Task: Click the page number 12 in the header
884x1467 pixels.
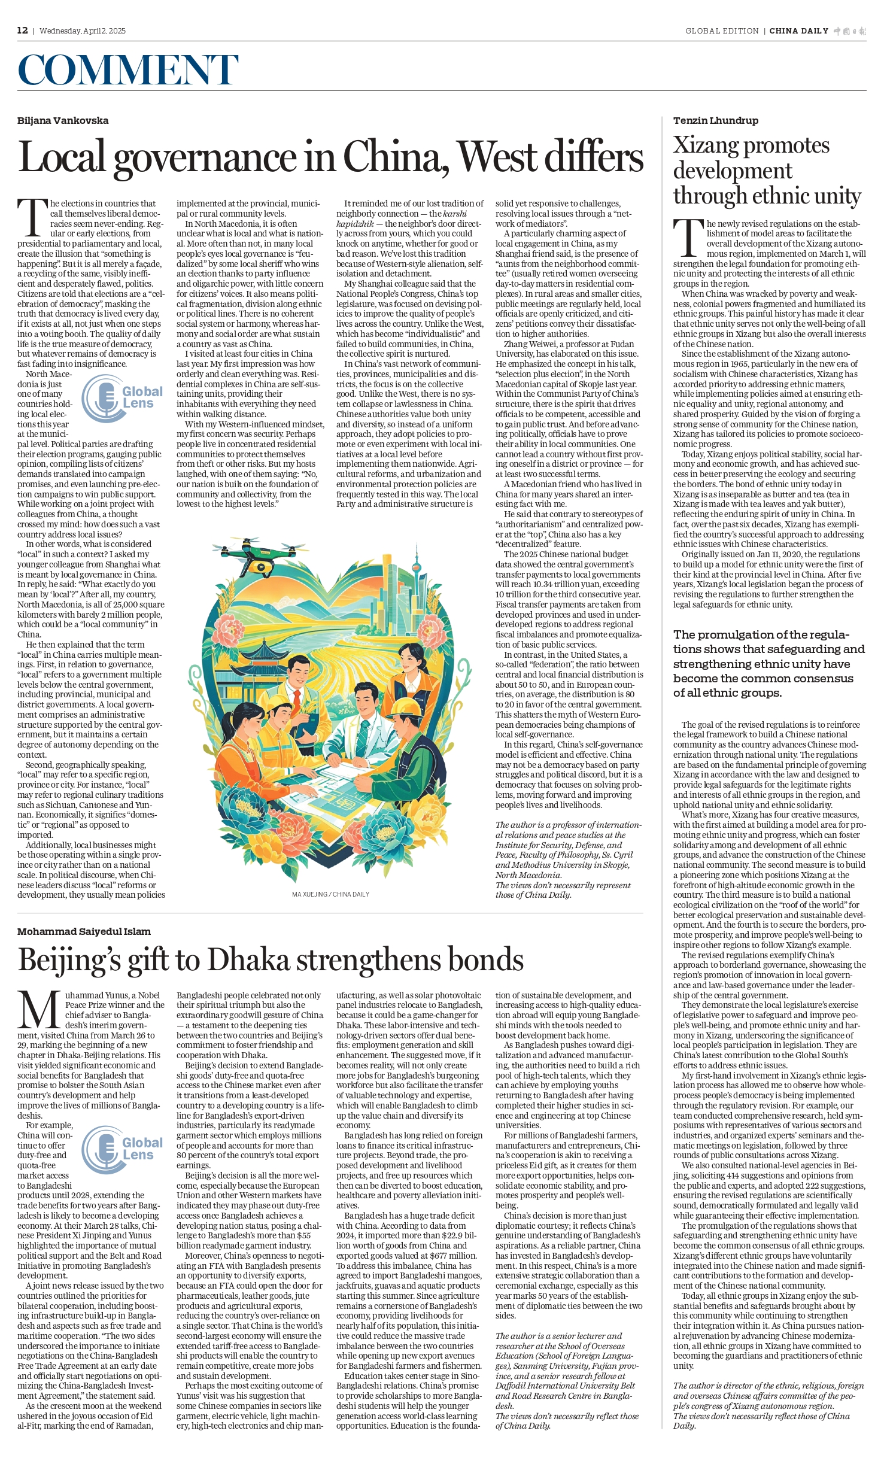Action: coord(22,31)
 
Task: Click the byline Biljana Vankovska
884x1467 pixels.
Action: coord(63,120)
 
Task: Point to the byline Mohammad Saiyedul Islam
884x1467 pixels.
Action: coord(84,931)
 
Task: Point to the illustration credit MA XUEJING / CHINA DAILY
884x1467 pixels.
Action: coord(330,894)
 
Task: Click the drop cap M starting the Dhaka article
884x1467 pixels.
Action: coord(40,1010)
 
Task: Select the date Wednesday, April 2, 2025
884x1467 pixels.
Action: coord(83,31)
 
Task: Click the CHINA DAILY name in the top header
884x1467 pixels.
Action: coord(798,31)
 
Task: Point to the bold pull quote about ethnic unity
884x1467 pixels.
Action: coord(768,663)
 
